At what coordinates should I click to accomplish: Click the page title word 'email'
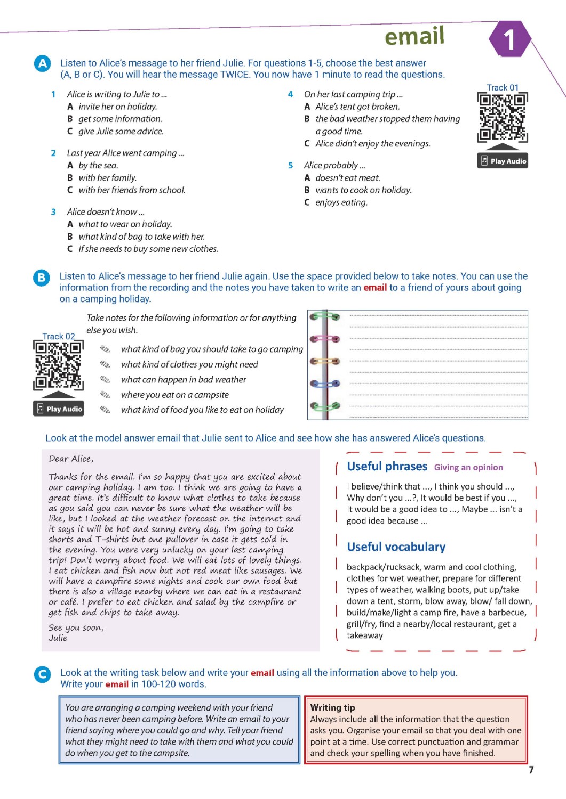click(x=414, y=36)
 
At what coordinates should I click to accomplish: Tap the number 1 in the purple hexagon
click(x=509, y=39)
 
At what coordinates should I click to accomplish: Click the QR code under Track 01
click(x=502, y=117)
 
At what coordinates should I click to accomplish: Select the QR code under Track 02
click(x=58, y=365)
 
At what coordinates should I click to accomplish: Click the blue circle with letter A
click(x=42, y=63)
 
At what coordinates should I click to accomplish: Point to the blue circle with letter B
click(x=41, y=277)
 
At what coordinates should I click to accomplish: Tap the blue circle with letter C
click(x=42, y=674)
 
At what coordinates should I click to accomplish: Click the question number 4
click(x=290, y=94)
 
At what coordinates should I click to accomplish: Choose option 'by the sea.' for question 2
click(x=98, y=166)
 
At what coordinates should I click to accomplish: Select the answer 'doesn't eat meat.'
click(x=347, y=178)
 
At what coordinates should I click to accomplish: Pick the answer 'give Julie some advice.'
click(x=121, y=132)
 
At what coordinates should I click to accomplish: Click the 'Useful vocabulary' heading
click(x=396, y=547)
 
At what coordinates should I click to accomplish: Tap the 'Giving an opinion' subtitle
click(x=468, y=468)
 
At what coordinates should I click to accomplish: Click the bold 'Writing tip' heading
click(x=332, y=708)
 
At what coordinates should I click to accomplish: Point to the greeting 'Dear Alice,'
click(x=71, y=459)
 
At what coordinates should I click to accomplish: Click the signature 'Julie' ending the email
click(x=58, y=638)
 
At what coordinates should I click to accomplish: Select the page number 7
click(x=531, y=770)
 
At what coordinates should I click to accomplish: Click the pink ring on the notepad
click(x=324, y=338)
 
